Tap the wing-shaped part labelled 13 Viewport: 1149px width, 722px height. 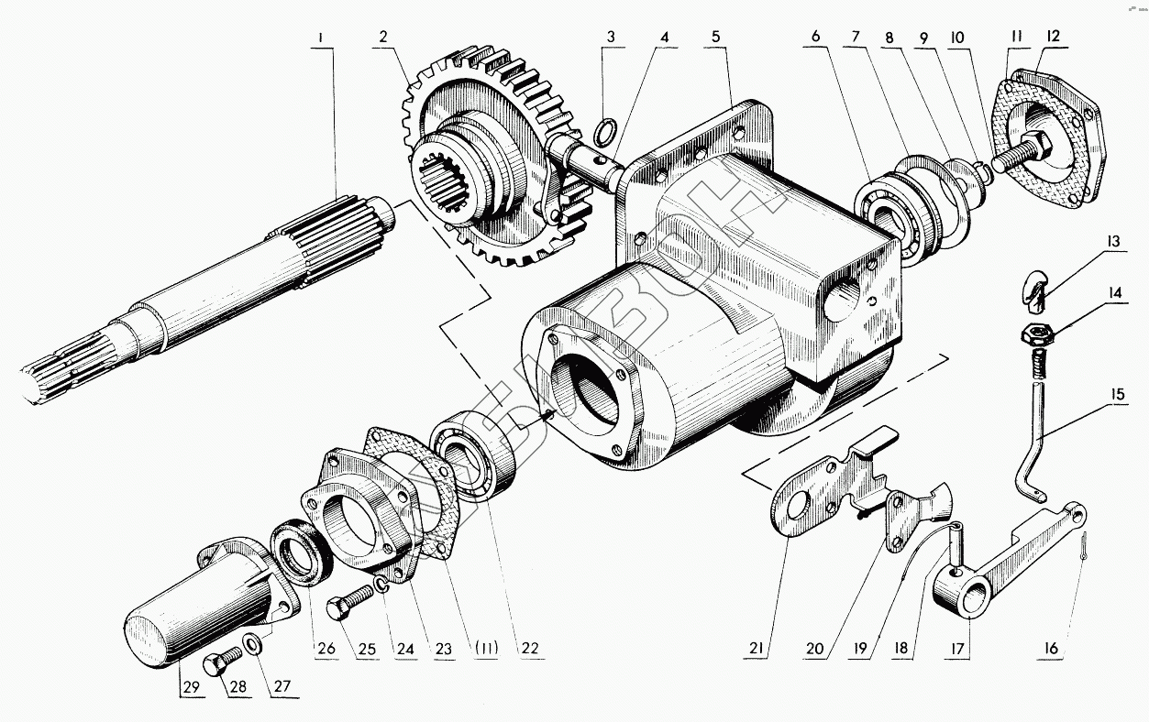(x=1036, y=287)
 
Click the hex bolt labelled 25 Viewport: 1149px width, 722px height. (x=348, y=607)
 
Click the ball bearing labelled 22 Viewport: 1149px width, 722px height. (x=475, y=457)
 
